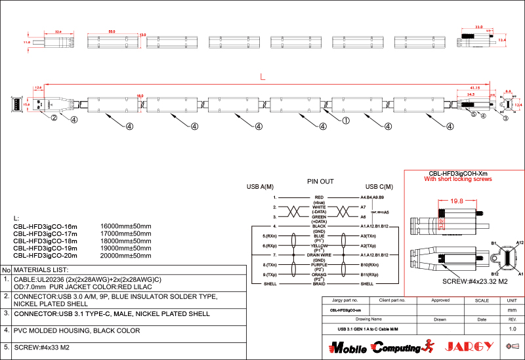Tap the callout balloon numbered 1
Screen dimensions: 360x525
click(346, 121)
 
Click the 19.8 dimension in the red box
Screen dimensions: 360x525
click(457, 201)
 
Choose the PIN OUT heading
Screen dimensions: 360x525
click(320, 181)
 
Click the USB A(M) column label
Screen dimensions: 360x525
click(260, 187)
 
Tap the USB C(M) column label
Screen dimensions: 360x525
click(379, 187)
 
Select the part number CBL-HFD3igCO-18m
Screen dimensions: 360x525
click(45, 241)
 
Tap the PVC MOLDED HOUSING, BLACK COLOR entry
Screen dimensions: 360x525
click(77, 330)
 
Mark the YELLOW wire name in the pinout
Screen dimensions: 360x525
click(320, 245)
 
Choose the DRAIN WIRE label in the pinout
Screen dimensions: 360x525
click(320, 254)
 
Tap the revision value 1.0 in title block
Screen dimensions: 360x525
click(513, 328)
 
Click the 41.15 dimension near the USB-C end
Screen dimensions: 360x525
click(475, 87)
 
